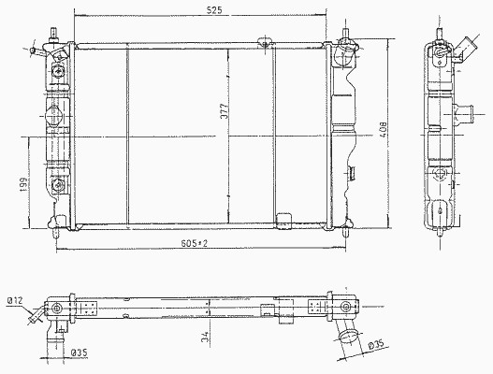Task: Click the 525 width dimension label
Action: coord(214,10)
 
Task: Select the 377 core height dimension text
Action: coord(224,111)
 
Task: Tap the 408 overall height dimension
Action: coord(384,130)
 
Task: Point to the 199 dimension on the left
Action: coord(24,185)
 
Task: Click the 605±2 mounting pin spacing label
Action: coord(195,243)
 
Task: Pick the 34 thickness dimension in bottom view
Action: coord(205,338)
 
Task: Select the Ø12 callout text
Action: coord(15,301)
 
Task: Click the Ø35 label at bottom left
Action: coord(79,352)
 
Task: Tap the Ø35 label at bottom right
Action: coord(376,345)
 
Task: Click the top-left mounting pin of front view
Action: coord(53,35)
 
